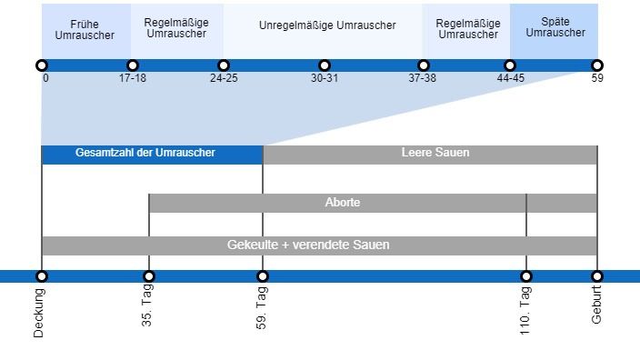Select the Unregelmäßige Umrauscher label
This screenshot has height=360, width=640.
pyautogui.click(x=326, y=25)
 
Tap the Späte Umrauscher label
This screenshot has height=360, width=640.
pyautogui.click(x=555, y=26)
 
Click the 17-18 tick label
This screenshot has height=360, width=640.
pyautogui.click(x=133, y=78)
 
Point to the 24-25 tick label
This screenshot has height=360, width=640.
pyautogui.click(x=224, y=78)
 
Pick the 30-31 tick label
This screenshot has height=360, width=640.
pyautogui.click(x=325, y=78)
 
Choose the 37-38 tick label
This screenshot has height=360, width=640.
pyautogui.click(x=422, y=78)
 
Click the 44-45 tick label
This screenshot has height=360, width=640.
pyautogui.click(x=510, y=78)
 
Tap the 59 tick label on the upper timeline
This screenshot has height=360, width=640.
pyautogui.click(x=597, y=78)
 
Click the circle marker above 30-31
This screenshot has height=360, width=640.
pyautogui.click(x=325, y=65)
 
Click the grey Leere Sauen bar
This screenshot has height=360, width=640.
pyautogui.click(x=435, y=154)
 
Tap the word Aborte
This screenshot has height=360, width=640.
pyautogui.click(x=343, y=203)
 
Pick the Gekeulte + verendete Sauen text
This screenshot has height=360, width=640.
pyautogui.click(x=308, y=245)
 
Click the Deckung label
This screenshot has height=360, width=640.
pyautogui.click(x=39, y=313)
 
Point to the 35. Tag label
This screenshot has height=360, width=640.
pyautogui.click(x=147, y=306)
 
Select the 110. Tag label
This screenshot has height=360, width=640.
pyautogui.click(x=525, y=310)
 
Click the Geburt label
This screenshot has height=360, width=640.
pyautogui.click(x=596, y=305)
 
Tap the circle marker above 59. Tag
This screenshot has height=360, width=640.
pyautogui.click(x=263, y=276)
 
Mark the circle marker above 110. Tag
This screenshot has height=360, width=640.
pyautogui.click(x=525, y=276)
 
